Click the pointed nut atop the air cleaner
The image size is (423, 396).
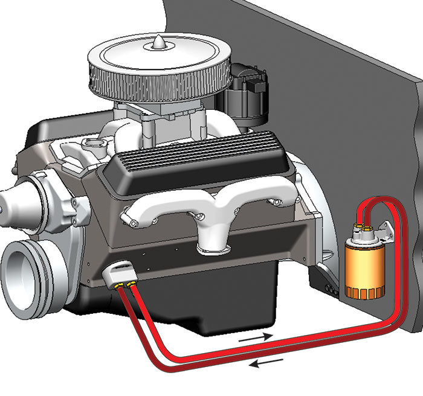[x=158, y=43]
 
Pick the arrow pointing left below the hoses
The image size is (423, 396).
[x=266, y=363]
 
